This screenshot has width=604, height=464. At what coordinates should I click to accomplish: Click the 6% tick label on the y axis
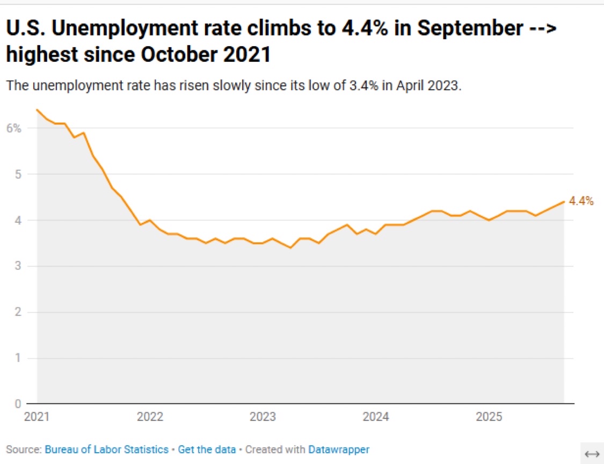(x=13, y=128)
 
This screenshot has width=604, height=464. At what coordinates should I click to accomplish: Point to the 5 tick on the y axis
(x=17, y=175)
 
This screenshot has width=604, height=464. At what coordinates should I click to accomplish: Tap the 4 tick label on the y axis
(x=17, y=220)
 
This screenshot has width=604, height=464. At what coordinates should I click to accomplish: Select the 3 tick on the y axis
(x=17, y=266)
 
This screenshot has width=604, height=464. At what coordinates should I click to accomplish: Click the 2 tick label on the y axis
(x=17, y=313)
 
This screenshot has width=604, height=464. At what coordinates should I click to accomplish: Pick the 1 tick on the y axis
(x=17, y=358)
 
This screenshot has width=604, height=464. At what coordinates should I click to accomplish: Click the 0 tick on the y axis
(x=17, y=404)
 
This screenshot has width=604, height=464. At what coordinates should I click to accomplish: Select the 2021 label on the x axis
(x=37, y=417)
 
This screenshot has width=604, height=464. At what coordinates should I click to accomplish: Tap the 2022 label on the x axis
(x=150, y=417)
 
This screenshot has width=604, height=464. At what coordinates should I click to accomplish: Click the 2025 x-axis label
(x=489, y=417)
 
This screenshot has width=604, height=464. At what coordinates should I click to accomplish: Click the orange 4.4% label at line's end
(x=581, y=201)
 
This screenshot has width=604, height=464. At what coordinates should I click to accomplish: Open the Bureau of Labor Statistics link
(x=106, y=450)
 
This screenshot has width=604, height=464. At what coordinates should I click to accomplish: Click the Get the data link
(x=207, y=450)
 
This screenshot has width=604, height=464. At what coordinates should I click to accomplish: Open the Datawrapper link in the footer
(x=339, y=450)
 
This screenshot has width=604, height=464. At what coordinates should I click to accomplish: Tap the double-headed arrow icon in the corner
(x=592, y=454)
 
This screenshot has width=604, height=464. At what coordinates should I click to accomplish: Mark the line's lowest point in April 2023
(x=290, y=248)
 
